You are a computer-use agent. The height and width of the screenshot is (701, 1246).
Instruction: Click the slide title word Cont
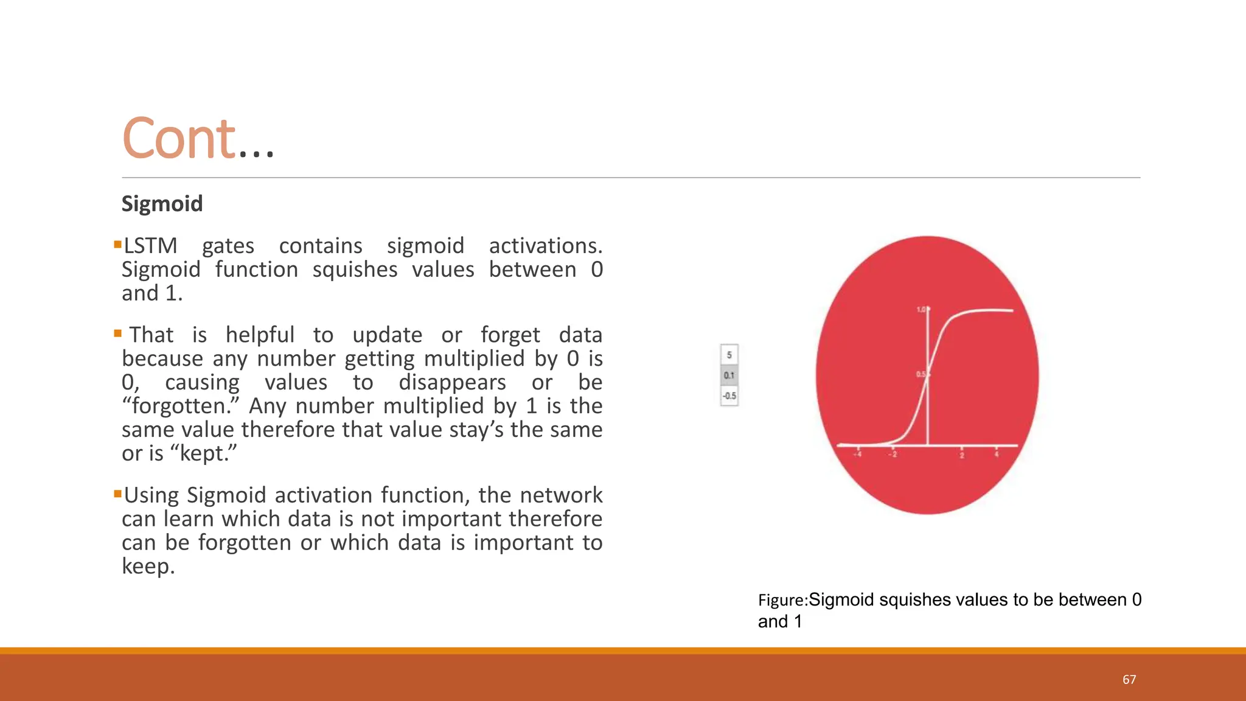(178, 139)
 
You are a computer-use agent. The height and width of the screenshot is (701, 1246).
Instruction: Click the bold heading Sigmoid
(162, 203)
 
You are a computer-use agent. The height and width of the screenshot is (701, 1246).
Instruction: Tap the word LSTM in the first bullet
(150, 246)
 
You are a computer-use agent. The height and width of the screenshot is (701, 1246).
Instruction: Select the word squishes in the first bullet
(355, 270)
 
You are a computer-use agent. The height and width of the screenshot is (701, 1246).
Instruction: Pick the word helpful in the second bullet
(260, 335)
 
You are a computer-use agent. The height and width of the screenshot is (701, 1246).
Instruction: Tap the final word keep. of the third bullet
(148, 567)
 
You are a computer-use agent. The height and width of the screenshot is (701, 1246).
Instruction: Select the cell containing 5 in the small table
(729, 354)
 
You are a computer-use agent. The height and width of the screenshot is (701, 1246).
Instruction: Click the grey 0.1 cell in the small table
(729, 375)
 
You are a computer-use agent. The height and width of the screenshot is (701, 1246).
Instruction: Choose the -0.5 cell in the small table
(729, 396)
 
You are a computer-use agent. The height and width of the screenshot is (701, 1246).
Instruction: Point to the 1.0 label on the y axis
(921, 310)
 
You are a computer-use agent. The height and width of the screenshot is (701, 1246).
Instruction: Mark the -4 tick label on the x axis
(858, 454)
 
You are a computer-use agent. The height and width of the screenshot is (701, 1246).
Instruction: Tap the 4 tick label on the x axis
(997, 454)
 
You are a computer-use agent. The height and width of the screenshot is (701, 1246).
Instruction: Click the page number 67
(1129, 680)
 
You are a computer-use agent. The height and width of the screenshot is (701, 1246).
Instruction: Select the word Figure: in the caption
(782, 601)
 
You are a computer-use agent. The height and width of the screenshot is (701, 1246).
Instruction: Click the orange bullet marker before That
(117, 333)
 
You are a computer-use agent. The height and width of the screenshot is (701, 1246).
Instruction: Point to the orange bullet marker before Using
(117, 493)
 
